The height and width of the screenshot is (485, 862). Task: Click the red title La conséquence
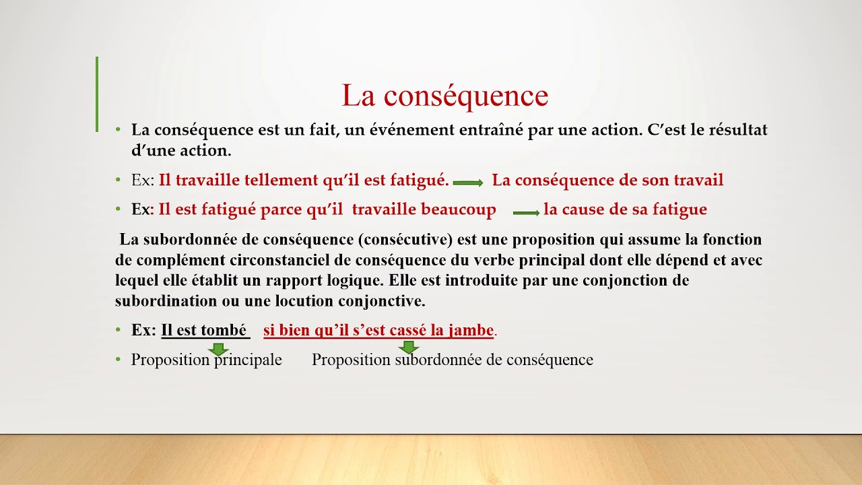tap(444, 96)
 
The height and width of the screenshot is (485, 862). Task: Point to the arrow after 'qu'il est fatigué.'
tap(468, 183)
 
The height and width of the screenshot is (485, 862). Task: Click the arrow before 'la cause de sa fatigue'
tap(526, 213)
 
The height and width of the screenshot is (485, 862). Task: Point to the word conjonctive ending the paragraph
tap(383, 300)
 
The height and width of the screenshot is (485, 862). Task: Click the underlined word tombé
tap(224, 330)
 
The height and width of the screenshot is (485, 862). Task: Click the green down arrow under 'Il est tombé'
tap(218, 349)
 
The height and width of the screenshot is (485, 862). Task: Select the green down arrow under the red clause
tap(408, 348)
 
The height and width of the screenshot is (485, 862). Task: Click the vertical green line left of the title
tap(97, 94)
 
